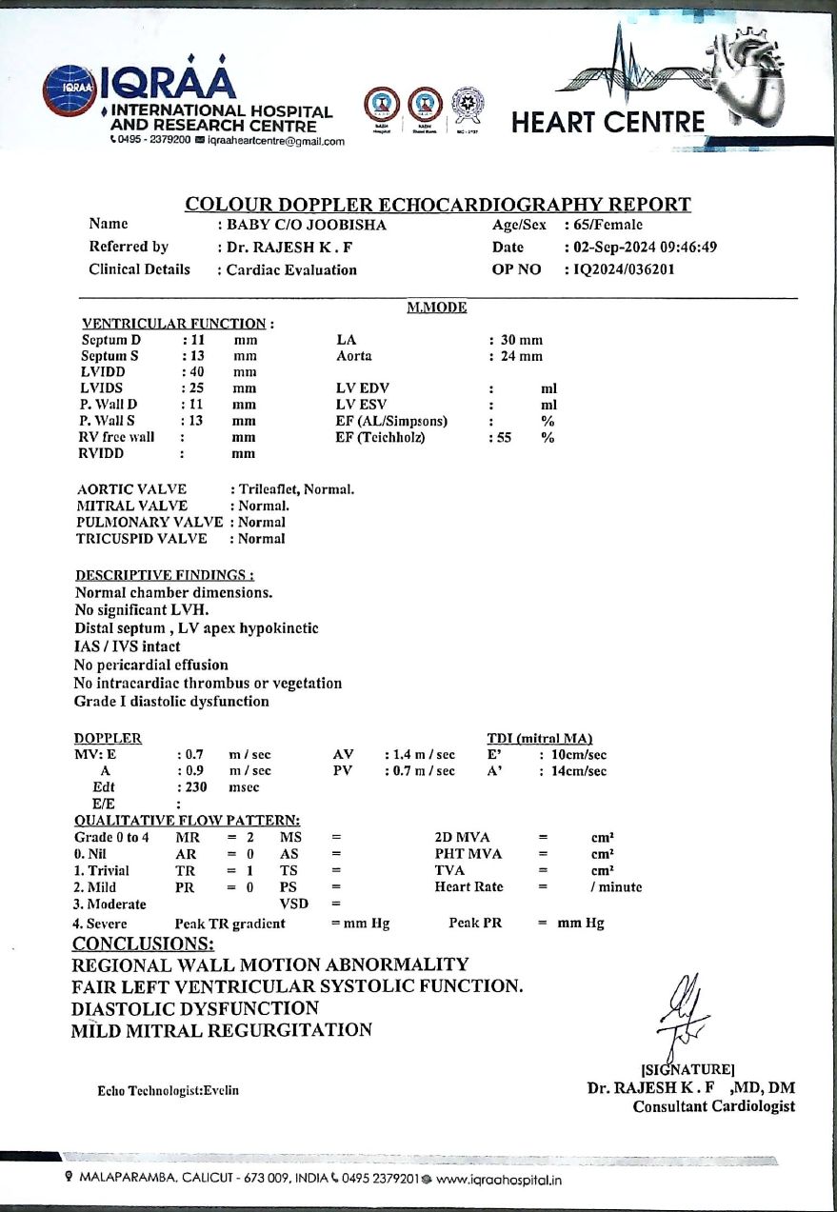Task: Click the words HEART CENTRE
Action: (x=608, y=123)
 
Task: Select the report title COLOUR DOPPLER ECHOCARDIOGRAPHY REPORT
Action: (x=438, y=205)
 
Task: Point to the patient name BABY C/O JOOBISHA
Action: (x=306, y=226)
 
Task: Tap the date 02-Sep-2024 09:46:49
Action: (x=644, y=248)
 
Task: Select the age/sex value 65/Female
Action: (x=607, y=226)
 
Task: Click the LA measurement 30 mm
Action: (x=522, y=340)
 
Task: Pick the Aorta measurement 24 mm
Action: (x=522, y=356)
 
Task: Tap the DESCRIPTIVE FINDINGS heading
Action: (x=164, y=575)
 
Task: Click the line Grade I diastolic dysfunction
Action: (x=171, y=702)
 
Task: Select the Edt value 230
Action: (x=194, y=787)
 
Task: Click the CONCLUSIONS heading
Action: (x=143, y=944)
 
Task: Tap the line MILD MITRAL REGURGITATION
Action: (x=221, y=1030)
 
